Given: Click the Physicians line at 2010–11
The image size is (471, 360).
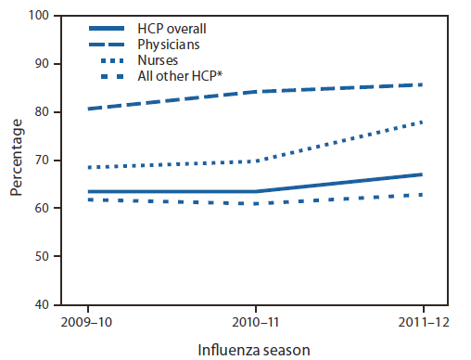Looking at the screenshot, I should (x=255, y=92).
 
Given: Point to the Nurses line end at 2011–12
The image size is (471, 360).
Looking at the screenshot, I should (x=423, y=122).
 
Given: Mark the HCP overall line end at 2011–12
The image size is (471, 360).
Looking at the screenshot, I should (x=423, y=174).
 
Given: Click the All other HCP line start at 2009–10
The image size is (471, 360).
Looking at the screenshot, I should (x=88, y=199).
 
